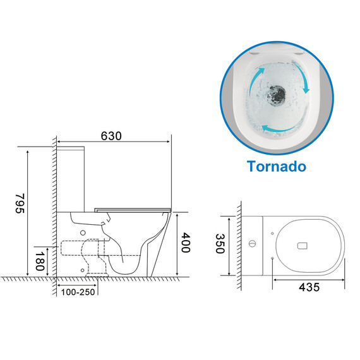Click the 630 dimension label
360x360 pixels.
(111, 136)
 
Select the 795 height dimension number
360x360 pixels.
(20, 203)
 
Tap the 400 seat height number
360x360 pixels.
(186, 243)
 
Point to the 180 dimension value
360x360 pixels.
(40, 261)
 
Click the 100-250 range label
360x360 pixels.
(78, 292)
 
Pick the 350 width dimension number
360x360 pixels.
(220, 244)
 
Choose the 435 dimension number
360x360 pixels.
(309, 287)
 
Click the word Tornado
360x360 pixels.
(277, 166)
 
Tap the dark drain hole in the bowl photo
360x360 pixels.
(276, 94)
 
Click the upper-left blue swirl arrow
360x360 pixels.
(255, 80)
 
